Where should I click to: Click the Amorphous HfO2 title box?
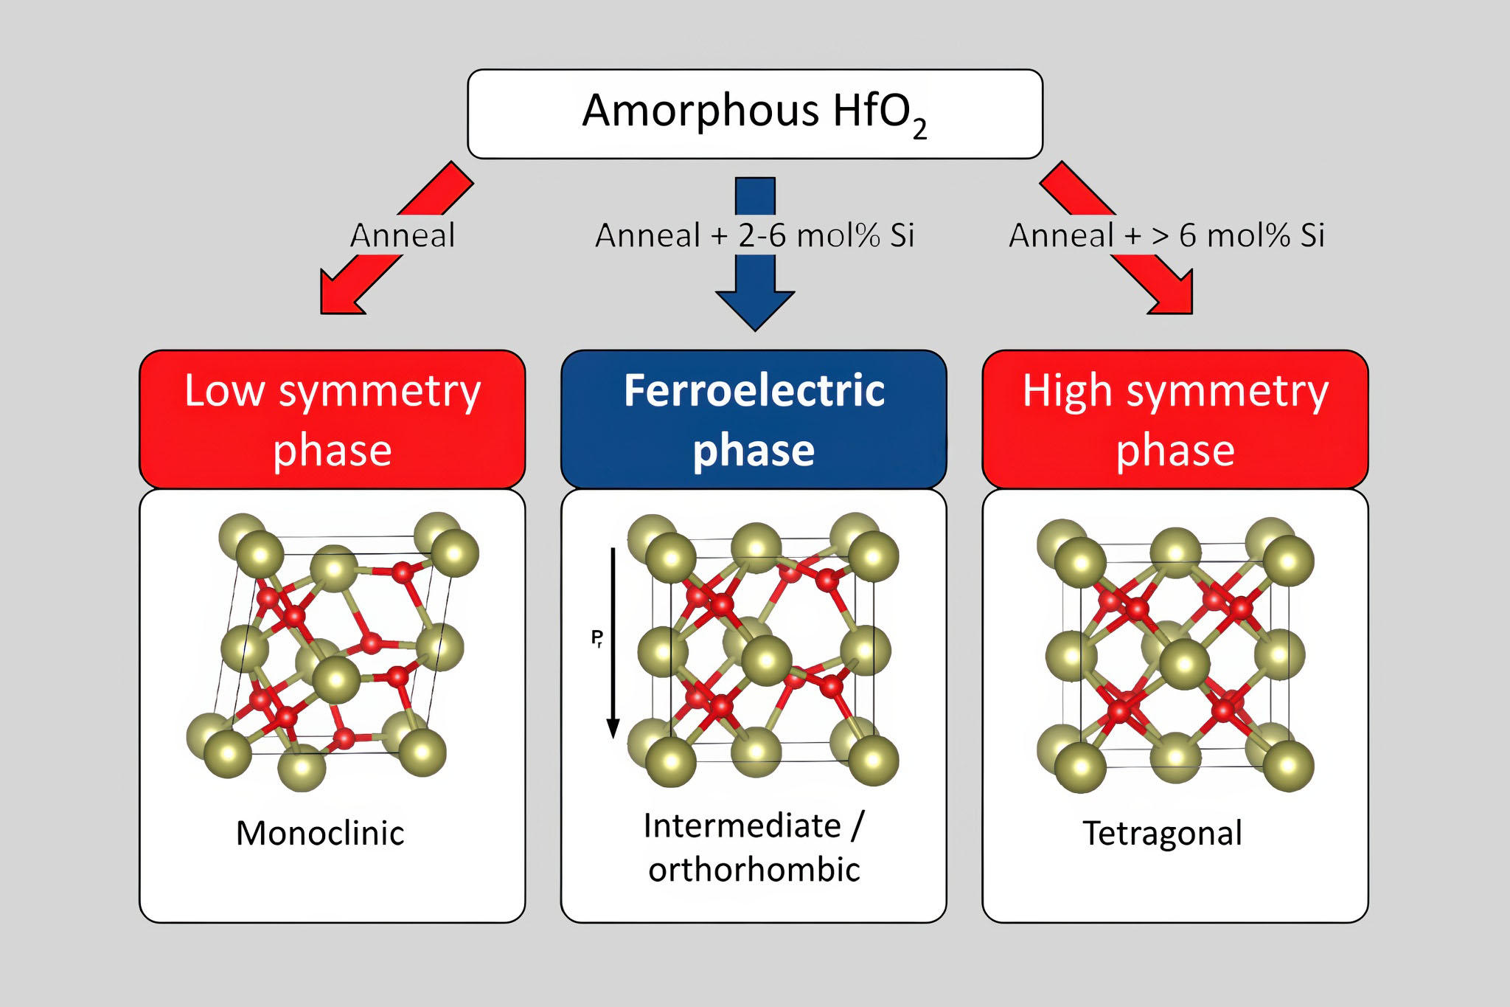(754, 114)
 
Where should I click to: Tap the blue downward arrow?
(755, 295)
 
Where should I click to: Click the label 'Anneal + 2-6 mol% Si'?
(754, 236)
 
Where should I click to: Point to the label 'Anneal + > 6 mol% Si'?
(1166, 236)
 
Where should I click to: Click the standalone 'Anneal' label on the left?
(403, 236)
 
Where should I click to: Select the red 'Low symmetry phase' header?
(333, 419)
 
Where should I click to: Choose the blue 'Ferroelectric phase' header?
(754, 419)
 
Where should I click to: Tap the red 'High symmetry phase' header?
(1175, 419)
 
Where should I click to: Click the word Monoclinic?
(320, 834)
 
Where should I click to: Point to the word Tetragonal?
(1162, 834)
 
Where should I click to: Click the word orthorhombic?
(754, 870)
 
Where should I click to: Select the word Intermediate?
(742, 826)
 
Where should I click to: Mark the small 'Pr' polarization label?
(596, 638)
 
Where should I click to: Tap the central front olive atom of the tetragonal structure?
(1184, 664)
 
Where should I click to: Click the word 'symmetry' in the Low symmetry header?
(379, 391)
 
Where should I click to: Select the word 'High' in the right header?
(1066, 391)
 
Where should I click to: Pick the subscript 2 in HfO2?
(919, 130)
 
